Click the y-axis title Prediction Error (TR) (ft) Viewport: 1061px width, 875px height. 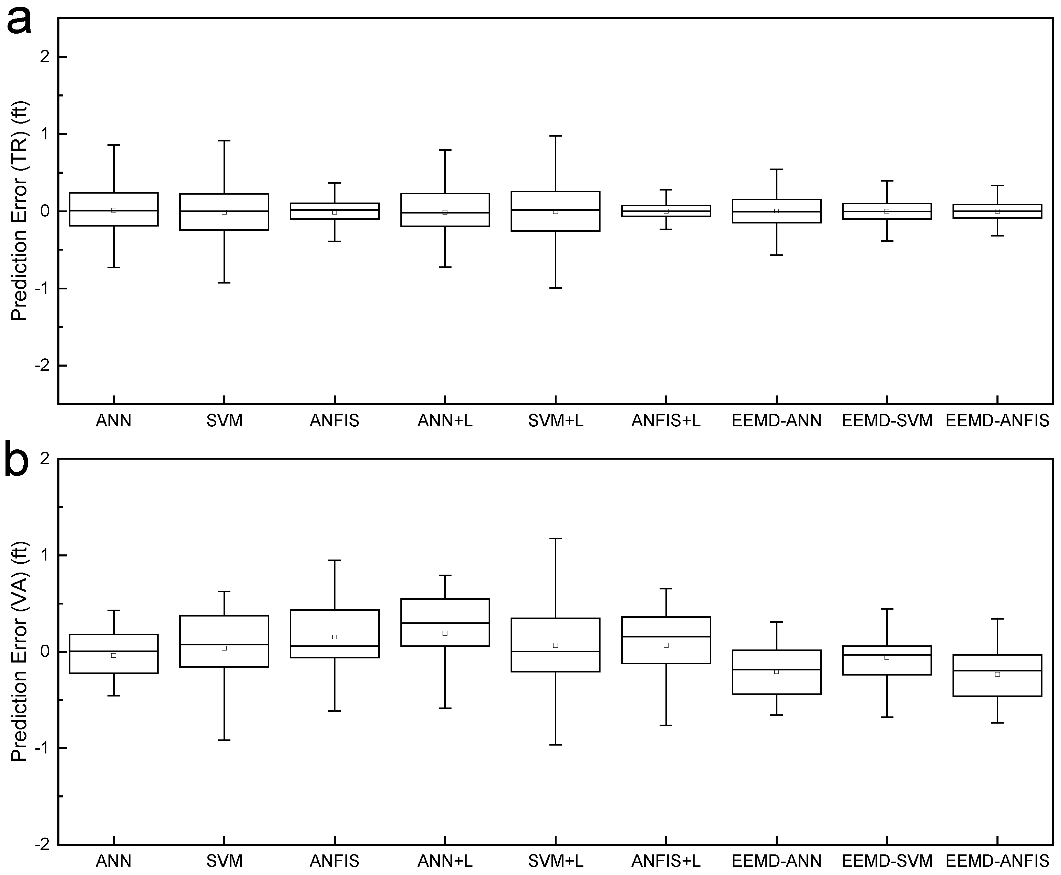(20, 212)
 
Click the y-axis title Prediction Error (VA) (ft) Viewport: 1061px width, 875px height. (20, 651)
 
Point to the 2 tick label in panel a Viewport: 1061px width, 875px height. (45, 57)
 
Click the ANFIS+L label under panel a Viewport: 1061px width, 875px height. (665, 421)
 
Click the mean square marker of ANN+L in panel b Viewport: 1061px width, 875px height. (445, 633)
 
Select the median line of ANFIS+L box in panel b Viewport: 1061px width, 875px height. (665, 636)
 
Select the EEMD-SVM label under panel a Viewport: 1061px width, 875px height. (887, 421)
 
